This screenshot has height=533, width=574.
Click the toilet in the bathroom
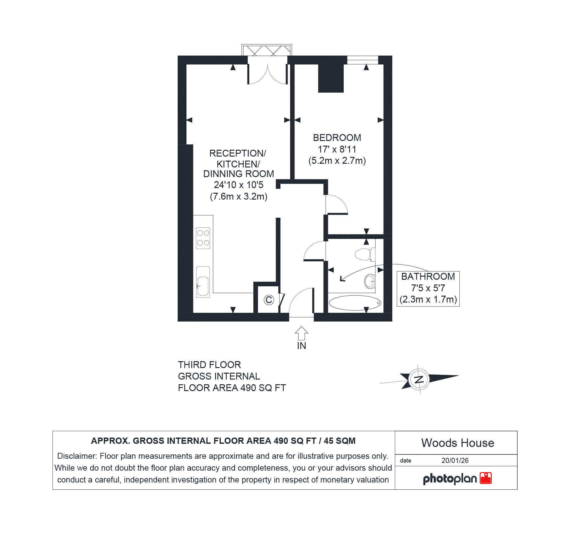365,254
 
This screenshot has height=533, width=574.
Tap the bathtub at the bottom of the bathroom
355,303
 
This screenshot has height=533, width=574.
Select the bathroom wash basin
370,282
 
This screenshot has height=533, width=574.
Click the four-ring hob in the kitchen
203,238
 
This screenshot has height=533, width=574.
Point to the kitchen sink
203,282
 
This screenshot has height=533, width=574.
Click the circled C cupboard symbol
269,300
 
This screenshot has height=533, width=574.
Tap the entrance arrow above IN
301,333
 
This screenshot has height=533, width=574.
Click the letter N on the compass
419,379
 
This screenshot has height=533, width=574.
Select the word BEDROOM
337,138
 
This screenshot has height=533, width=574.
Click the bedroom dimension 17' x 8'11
337,149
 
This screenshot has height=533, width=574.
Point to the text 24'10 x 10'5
238,185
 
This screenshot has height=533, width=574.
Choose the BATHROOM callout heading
428,277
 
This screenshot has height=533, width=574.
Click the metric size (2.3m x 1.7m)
428,299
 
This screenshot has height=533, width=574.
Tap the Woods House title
457,443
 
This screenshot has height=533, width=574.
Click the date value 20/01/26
455,460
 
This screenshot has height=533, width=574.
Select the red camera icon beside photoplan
486,478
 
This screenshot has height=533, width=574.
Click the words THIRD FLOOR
209,365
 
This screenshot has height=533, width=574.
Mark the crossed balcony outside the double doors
266,50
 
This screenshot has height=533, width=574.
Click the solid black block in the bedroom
331,78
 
